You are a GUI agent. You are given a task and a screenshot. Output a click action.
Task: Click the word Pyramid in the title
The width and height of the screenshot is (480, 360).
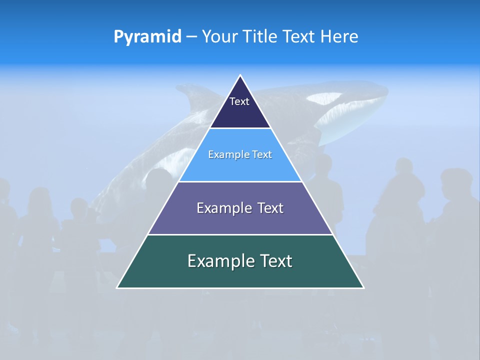pos(147,37)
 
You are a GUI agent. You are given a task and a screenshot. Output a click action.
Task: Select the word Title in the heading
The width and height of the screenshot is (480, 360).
pos(260,36)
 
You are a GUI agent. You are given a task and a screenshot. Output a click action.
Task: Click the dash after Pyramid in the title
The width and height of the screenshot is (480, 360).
pos(191,37)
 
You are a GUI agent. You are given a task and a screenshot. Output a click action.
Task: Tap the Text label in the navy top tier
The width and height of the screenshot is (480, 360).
pos(239,101)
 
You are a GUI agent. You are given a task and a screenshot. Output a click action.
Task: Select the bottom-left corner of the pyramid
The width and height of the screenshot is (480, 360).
pos(117,287)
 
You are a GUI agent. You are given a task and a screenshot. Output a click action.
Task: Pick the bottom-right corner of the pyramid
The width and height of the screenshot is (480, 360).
pos(363,287)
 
